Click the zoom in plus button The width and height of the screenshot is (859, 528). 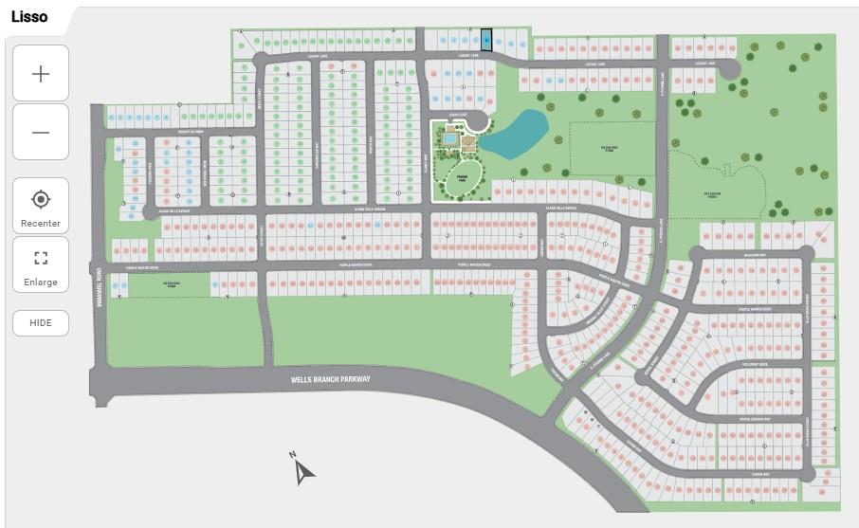[x=41, y=73]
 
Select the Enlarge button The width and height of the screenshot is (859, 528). [x=41, y=265]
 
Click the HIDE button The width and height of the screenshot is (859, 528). [x=41, y=322]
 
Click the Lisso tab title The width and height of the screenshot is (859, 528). [x=29, y=16]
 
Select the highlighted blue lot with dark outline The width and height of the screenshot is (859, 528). [x=486, y=41]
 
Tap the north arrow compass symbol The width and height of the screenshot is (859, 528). [x=302, y=468]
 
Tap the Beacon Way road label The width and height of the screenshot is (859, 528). [x=753, y=255]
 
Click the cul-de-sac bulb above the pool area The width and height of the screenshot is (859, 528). [x=479, y=119]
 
